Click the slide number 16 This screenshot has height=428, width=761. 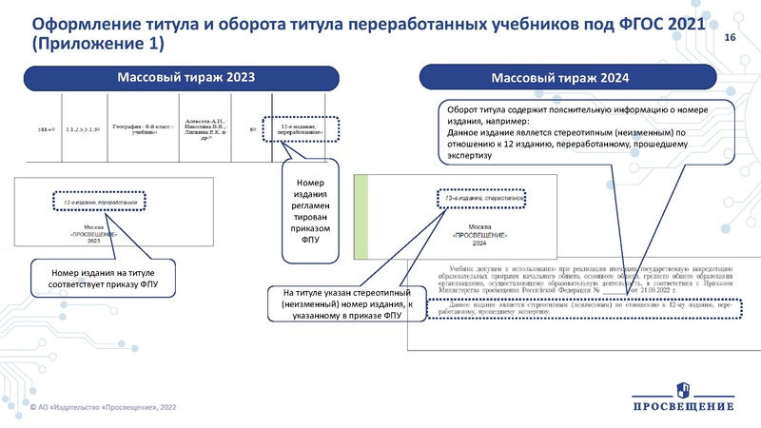pyautogui.click(x=731, y=37)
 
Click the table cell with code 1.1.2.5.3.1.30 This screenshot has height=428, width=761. pyautogui.click(x=84, y=126)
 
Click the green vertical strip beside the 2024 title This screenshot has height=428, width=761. pyautogui.click(x=361, y=218)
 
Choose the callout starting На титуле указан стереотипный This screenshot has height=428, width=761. pyautogui.click(x=339, y=306)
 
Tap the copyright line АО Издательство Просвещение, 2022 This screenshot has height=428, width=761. pyautogui.click(x=105, y=407)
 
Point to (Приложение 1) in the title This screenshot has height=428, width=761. pyautogui.click(x=98, y=44)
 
